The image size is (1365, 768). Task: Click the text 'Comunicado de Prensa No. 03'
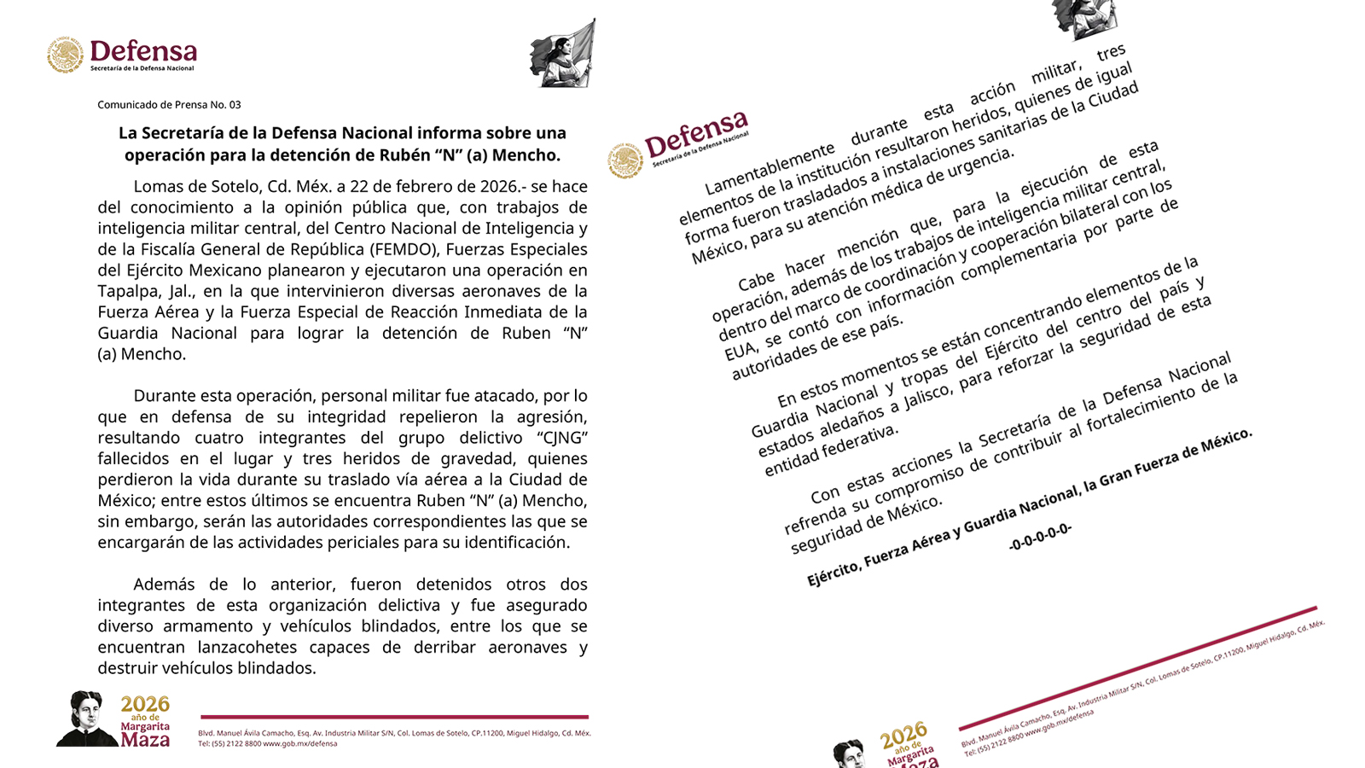click(x=169, y=105)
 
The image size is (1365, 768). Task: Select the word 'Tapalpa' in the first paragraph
click(x=126, y=291)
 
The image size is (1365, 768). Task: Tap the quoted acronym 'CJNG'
click(x=563, y=438)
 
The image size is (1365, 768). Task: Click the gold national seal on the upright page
click(x=65, y=55)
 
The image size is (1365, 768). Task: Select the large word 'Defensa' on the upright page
click(x=143, y=51)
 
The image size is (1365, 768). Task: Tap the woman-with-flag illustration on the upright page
click(x=561, y=53)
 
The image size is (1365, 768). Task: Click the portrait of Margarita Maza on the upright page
click(x=86, y=719)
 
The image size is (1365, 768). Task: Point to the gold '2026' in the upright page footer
click(x=145, y=704)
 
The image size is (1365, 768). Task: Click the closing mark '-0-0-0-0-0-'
click(x=1040, y=537)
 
